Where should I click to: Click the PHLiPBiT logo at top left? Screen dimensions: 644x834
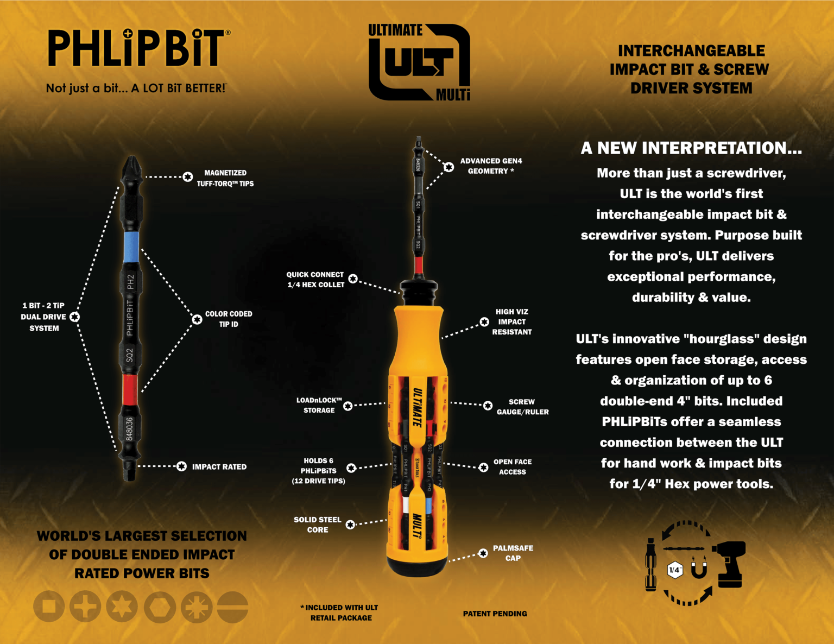coord(136,49)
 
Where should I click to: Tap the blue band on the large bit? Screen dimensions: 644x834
coord(131,247)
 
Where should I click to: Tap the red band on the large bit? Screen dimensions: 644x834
coord(130,389)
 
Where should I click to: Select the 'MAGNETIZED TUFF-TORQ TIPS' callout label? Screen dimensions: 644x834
coord(225,178)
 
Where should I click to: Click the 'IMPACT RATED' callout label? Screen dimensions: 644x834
coord(219,467)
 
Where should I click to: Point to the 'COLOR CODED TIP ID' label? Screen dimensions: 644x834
coord(228,319)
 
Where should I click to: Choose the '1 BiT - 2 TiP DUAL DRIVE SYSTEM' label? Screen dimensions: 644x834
coord(43,317)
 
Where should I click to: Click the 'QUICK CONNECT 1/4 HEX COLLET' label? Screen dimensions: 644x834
coord(315,280)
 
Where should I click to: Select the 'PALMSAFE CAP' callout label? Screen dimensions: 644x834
coord(513,553)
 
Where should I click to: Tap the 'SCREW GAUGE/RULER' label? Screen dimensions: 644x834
coord(522,407)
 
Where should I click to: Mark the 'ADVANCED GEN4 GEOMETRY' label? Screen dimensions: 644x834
coord(491,166)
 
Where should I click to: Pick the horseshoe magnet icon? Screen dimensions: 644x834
coord(699,568)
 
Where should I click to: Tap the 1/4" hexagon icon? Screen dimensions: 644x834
coord(674,570)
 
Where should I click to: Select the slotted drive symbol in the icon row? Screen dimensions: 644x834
coord(232,607)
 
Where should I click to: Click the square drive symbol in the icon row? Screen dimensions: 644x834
coord(49,607)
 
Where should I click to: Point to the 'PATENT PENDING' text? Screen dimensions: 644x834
coord(495,614)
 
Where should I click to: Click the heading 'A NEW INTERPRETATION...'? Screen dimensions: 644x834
coord(691,148)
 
